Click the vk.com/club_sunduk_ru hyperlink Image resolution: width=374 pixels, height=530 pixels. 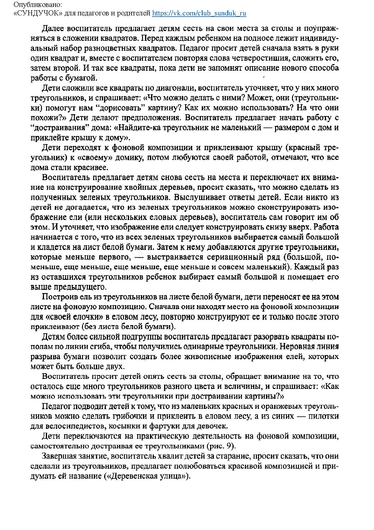point(199,13)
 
